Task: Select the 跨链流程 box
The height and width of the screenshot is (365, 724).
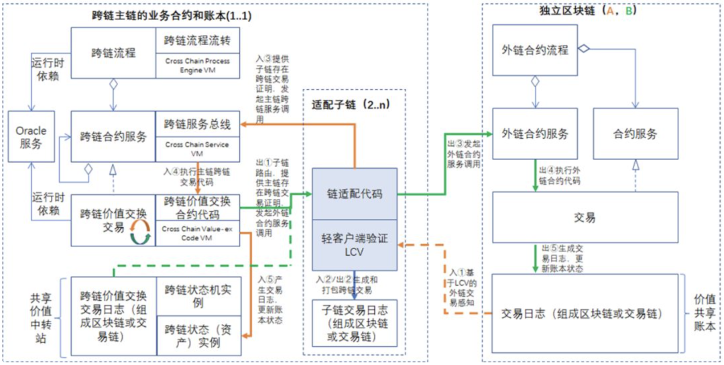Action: click(113, 53)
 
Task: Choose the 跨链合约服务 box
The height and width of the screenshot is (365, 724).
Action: click(113, 137)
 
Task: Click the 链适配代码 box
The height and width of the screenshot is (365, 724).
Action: click(354, 194)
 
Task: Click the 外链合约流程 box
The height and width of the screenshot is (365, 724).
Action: click(534, 50)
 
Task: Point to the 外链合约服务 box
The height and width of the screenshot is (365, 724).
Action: click(534, 133)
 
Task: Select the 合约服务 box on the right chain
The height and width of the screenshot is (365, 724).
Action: click(634, 133)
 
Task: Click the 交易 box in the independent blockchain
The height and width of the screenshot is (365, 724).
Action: click(585, 217)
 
